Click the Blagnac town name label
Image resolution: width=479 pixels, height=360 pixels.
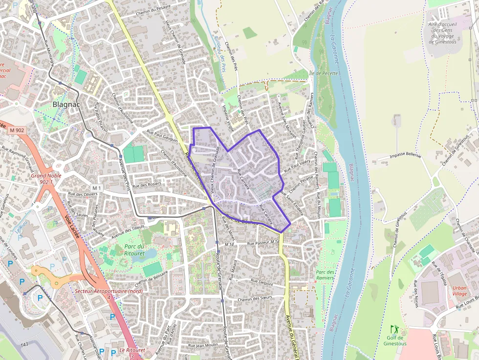point(66,104)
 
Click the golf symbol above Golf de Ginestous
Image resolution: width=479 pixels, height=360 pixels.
point(394,330)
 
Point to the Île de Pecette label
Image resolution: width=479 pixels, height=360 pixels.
point(323,73)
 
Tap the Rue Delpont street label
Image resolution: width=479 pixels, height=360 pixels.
point(261,281)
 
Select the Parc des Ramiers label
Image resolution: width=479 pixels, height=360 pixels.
point(325,275)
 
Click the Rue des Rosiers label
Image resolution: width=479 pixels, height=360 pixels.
point(147,185)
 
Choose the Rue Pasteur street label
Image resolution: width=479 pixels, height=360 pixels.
point(262,242)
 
